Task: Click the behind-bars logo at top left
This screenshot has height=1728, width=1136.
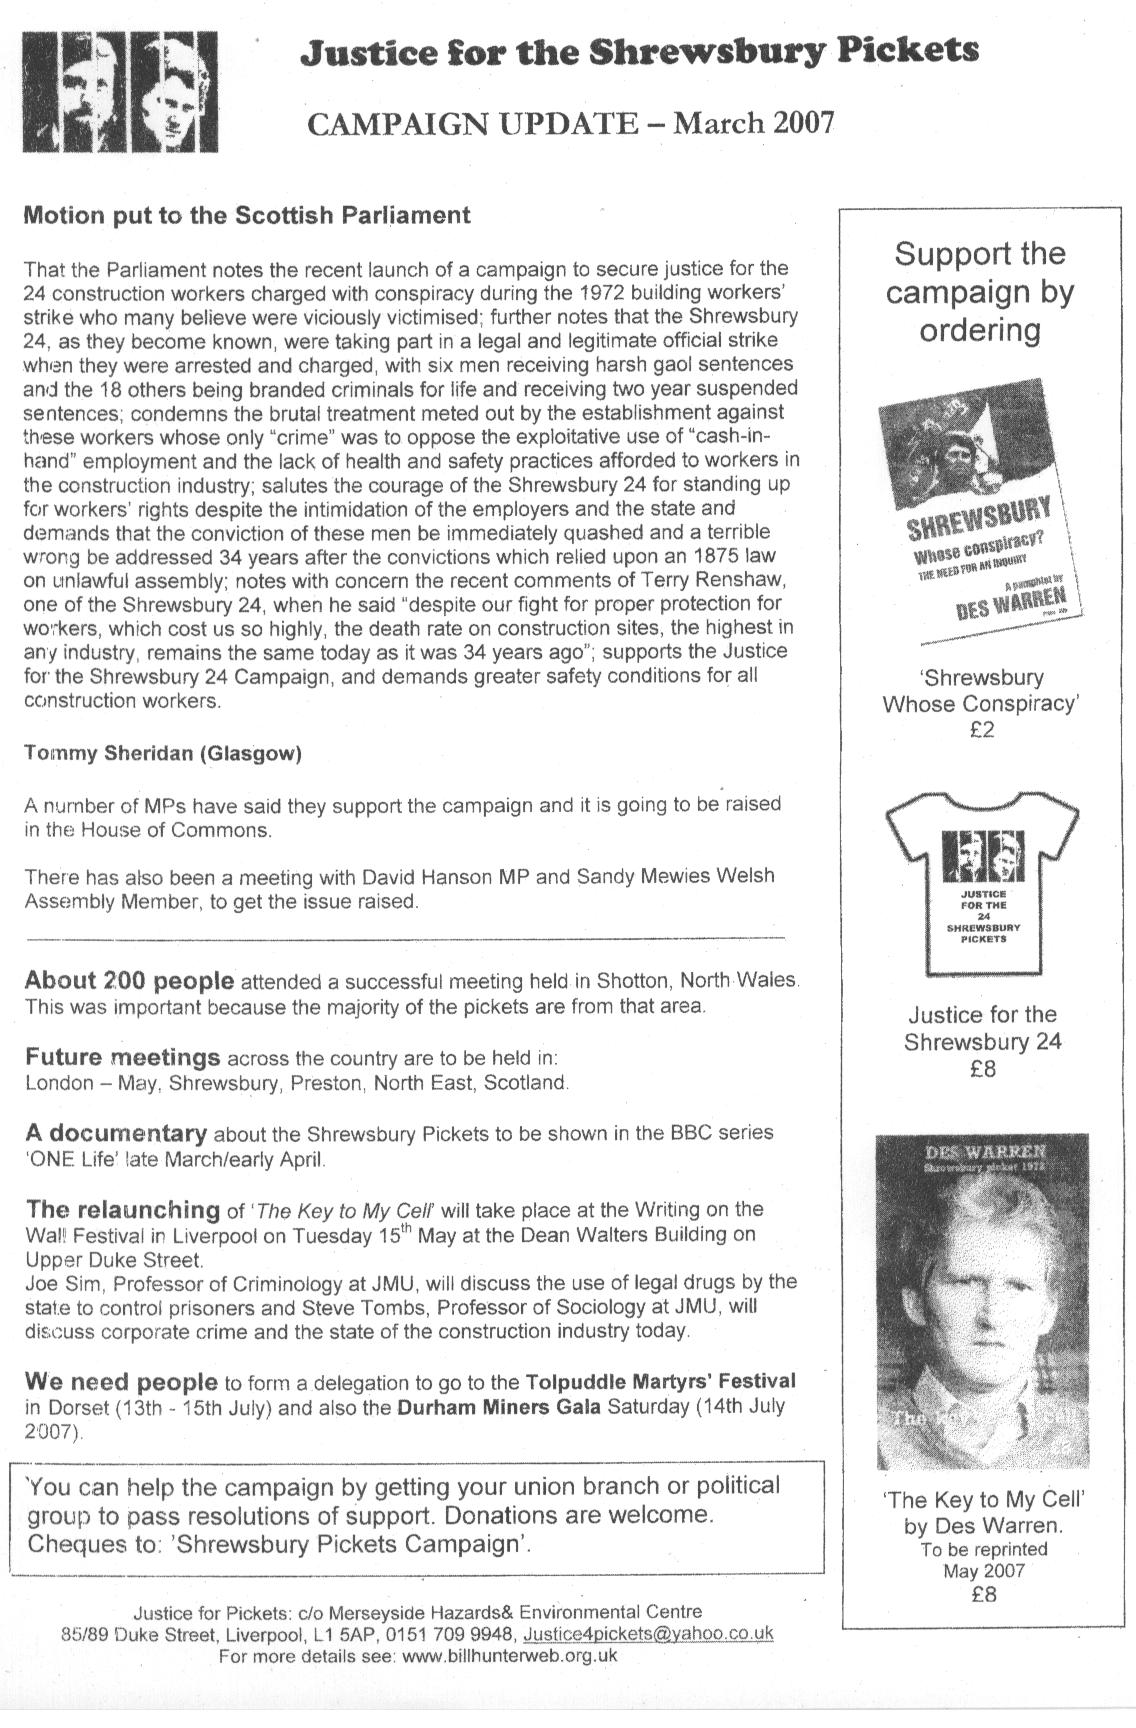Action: click(120, 90)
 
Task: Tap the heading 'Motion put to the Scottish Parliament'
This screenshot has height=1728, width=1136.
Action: click(246, 215)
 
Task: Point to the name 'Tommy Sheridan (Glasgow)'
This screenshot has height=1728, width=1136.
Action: click(162, 754)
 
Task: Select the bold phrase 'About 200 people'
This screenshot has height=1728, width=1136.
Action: click(129, 980)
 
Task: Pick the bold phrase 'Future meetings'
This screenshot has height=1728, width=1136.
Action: click(122, 1057)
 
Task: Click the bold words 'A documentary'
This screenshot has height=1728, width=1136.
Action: click(116, 1133)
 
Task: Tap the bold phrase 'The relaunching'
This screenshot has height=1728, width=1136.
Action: click(122, 1209)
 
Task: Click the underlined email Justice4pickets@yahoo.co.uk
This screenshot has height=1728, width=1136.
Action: click(648, 1634)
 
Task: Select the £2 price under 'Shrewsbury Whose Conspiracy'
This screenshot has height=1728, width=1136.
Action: click(982, 730)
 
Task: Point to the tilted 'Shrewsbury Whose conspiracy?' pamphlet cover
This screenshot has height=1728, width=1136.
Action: click(980, 515)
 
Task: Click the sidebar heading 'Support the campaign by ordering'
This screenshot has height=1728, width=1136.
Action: click(980, 291)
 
